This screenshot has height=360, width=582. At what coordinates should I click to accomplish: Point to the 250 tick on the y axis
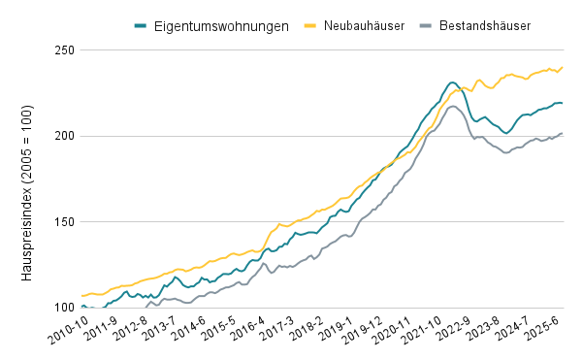pos(65,49)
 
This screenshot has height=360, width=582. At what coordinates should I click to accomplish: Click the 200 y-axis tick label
pos(65,136)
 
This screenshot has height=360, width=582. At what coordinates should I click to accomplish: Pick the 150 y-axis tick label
pos(65,222)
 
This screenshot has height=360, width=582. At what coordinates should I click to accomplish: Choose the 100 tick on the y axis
pos(65,309)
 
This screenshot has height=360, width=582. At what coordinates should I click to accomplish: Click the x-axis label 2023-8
pos(486,329)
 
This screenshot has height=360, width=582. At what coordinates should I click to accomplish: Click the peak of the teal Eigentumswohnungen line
pos(453,82)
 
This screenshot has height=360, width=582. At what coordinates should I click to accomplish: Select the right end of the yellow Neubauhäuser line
pos(563,67)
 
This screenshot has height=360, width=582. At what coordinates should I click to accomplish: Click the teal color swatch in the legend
pos(141,26)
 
